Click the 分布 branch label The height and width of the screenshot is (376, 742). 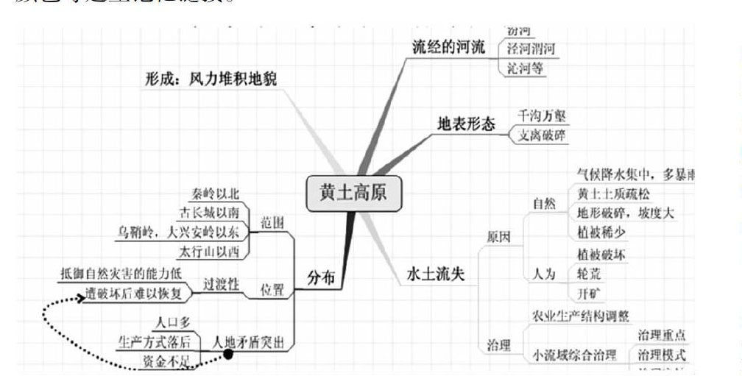[x=320, y=277]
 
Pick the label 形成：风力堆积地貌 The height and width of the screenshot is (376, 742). [x=210, y=79]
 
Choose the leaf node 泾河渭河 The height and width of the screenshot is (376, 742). [x=530, y=49]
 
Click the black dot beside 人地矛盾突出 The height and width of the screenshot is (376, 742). [x=228, y=355]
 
